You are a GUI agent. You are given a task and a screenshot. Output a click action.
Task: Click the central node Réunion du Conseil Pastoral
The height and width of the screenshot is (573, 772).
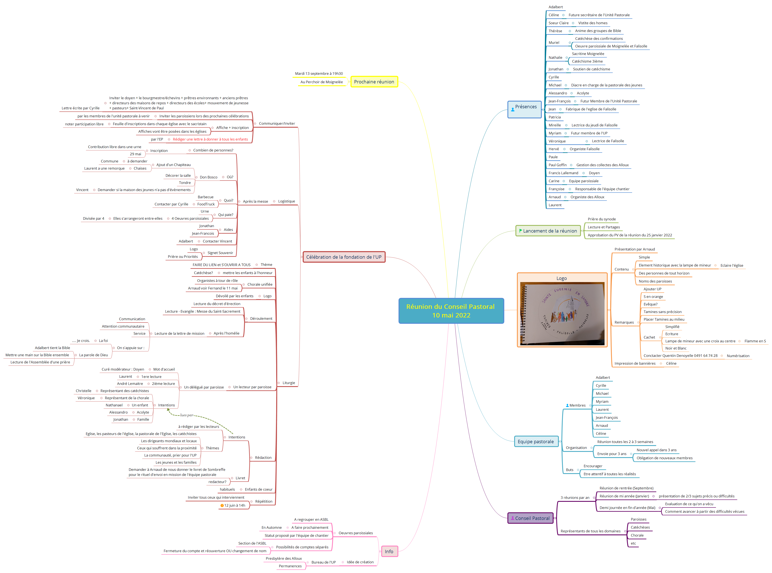(x=451, y=311)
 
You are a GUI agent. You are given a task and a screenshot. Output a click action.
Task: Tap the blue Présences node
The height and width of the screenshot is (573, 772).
(x=524, y=109)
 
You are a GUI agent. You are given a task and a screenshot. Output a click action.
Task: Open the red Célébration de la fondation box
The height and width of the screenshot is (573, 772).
(x=344, y=257)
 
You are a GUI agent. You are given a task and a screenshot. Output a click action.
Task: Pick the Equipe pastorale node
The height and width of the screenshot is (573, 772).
(x=536, y=442)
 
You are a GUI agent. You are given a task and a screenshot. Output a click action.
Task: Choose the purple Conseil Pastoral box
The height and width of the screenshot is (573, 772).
(x=530, y=518)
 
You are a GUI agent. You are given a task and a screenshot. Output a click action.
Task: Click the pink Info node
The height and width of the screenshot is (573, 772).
(x=389, y=552)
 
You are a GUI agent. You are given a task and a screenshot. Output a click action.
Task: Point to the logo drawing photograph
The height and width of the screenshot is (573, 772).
(x=562, y=313)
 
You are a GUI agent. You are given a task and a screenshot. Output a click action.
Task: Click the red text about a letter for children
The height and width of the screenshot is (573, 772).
(x=210, y=139)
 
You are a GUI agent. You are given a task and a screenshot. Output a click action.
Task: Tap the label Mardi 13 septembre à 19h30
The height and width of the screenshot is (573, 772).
(x=319, y=74)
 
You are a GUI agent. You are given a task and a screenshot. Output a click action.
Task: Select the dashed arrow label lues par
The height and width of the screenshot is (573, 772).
(x=187, y=415)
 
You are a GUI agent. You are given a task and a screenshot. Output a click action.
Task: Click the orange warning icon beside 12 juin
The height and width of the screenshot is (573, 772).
(x=222, y=506)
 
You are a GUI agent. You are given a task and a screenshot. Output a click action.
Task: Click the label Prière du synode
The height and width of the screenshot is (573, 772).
(x=602, y=219)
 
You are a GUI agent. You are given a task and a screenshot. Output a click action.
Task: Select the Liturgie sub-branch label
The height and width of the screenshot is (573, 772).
(x=289, y=383)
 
